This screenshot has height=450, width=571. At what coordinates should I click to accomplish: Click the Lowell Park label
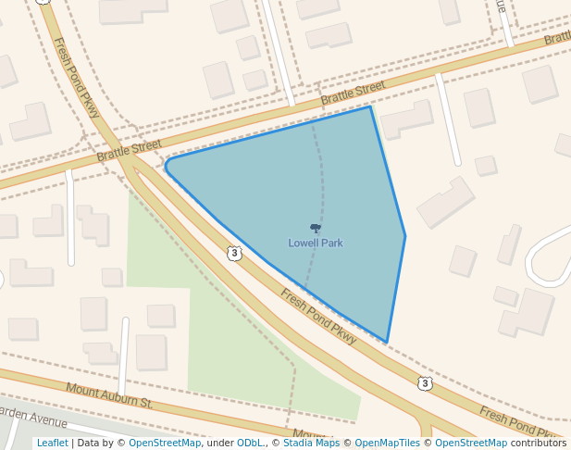click(x=316, y=243)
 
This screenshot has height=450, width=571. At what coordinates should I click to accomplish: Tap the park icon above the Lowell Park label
click(x=316, y=228)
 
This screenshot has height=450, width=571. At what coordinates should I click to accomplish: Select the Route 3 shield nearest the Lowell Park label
click(x=234, y=253)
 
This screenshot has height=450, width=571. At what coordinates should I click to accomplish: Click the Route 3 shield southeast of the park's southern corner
click(x=424, y=383)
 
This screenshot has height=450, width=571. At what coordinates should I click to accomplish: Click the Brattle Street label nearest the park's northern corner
click(x=353, y=92)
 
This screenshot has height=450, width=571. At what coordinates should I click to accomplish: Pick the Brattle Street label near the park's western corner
click(x=129, y=151)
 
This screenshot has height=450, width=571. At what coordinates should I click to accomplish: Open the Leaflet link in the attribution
click(x=52, y=443)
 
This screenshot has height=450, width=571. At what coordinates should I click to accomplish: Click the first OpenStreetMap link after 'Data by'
click(x=164, y=443)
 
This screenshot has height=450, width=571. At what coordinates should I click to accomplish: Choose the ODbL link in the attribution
click(x=251, y=443)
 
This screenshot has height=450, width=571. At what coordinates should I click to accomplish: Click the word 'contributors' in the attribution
click(x=539, y=443)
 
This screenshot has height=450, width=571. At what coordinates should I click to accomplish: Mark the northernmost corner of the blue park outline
click(x=370, y=106)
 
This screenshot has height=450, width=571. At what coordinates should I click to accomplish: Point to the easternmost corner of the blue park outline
click(x=405, y=235)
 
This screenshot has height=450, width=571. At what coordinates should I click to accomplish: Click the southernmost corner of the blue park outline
click(x=387, y=343)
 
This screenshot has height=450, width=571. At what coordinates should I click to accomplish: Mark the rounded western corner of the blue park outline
click(x=168, y=167)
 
